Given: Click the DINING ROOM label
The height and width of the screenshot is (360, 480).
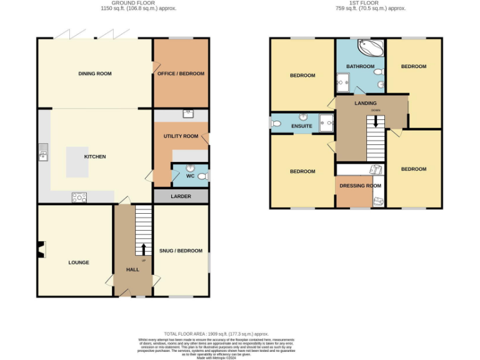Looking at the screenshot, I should [95, 74].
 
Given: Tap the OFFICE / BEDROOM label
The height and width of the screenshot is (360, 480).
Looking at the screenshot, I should [181, 74].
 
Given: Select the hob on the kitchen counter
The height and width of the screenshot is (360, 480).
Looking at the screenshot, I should [79, 197].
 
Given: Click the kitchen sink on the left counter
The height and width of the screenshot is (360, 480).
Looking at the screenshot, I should [42, 151].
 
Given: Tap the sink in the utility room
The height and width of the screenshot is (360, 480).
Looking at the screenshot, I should [187, 114].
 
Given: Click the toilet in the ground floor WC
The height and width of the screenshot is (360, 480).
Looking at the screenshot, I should [201, 177].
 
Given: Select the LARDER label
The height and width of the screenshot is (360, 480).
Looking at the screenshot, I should [181, 196].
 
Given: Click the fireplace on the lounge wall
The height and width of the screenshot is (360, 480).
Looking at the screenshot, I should [41, 250].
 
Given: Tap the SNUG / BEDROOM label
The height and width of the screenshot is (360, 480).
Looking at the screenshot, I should [181, 251].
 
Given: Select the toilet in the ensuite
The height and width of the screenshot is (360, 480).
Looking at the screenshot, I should [276, 124].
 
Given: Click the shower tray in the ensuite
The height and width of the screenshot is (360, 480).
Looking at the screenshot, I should [326, 123].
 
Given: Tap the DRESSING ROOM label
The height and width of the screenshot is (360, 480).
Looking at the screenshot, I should [360, 186].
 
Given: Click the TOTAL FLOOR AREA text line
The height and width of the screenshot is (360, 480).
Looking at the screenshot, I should [216, 334].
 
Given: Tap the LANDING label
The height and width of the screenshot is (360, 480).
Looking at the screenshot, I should [365, 103].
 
